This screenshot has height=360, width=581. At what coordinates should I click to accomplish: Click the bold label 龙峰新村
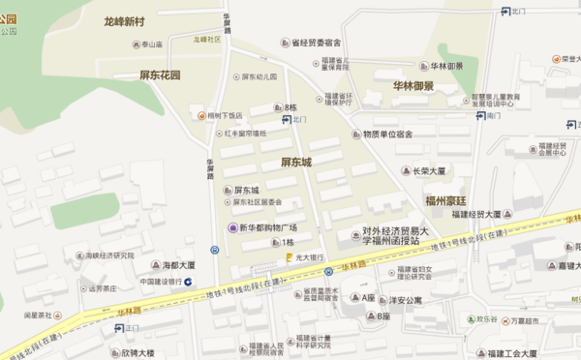[x=138, y=20]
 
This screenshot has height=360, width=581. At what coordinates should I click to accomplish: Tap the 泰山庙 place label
[x=152, y=45]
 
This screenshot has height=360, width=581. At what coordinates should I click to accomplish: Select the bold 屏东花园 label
[x=161, y=75]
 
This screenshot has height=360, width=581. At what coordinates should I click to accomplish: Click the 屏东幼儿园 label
[x=260, y=76]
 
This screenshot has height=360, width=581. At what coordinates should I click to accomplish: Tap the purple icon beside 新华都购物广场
[x=231, y=227]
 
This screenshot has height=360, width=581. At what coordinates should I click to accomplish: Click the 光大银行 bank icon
[x=289, y=257]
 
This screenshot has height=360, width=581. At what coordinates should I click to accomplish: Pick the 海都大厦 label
[x=178, y=264]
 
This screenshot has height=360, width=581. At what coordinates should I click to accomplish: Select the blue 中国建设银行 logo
[x=188, y=282]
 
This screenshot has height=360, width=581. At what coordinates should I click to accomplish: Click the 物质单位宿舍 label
[x=387, y=134]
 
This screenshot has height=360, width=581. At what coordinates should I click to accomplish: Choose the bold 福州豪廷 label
[x=446, y=201]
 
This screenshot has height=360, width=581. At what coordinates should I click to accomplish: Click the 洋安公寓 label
[x=406, y=300]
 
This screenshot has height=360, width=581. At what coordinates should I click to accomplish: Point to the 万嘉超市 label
[x=526, y=321]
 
